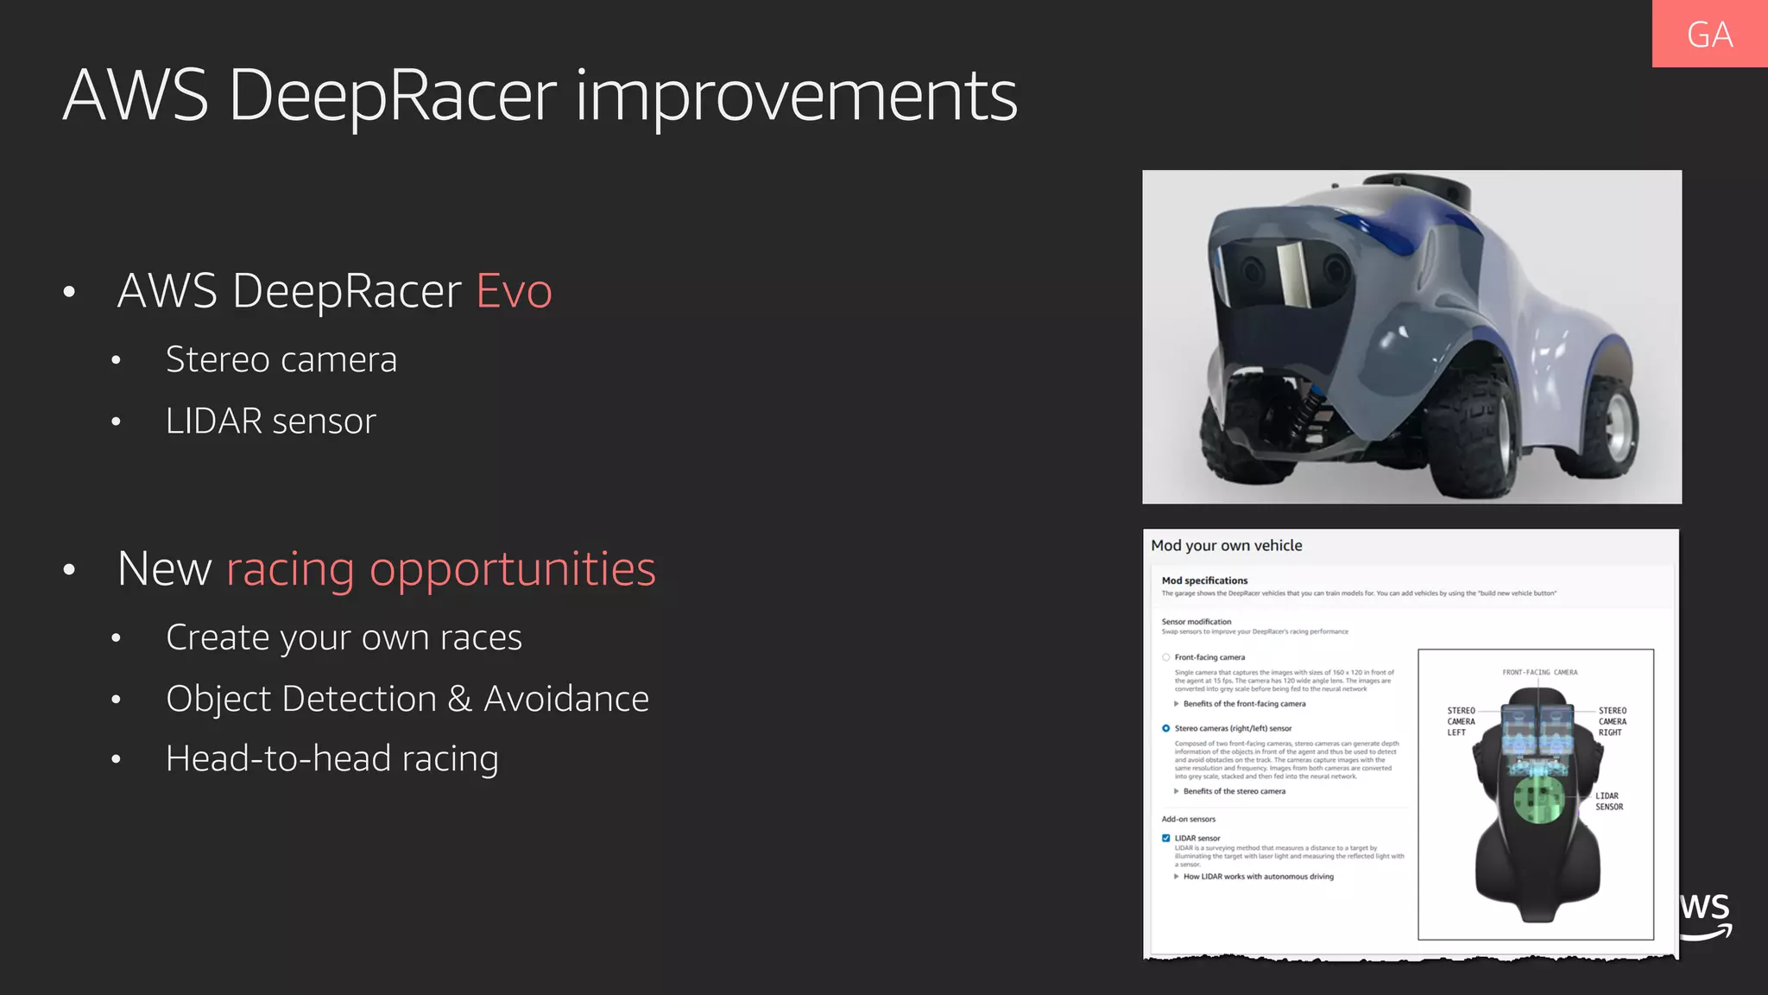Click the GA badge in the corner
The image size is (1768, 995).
[x=1709, y=35]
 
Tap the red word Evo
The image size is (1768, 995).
[x=514, y=290]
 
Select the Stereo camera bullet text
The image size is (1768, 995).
[x=281, y=359]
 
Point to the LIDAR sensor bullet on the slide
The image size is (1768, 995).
[x=271, y=421]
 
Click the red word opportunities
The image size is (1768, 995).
[x=513, y=569]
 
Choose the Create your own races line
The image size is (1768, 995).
[x=344, y=637]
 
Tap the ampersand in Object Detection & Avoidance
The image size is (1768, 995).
[x=460, y=699]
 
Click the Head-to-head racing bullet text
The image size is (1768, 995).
[x=332, y=758]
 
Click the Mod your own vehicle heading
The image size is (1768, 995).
[x=1226, y=546]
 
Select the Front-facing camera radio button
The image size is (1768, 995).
[x=1166, y=657]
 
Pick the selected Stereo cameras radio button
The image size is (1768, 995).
[x=1166, y=728]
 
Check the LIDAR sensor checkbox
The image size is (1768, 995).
[x=1166, y=838]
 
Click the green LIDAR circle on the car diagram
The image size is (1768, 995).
[x=1538, y=799]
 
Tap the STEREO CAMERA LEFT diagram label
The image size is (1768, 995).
[x=1461, y=721]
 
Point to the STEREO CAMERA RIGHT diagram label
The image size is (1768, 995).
[x=1612, y=721]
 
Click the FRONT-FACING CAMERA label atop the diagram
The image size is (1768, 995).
[x=1539, y=672]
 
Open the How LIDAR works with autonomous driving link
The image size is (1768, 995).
[x=1258, y=877]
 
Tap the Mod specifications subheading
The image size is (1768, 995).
[x=1204, y=580]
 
